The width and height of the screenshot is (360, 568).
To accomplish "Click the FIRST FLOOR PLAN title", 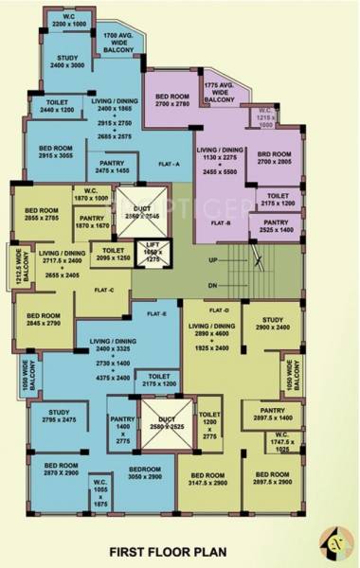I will pos(180,550).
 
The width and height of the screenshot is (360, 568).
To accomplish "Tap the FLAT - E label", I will pos(156,312).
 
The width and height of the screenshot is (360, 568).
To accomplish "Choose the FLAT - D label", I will pos(219,310).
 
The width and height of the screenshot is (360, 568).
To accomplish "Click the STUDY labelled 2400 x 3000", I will pos(67,63).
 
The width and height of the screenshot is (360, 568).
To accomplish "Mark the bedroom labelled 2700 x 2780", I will pos(173,100).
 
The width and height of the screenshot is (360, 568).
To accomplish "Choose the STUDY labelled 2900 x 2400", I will pos(275,323).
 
